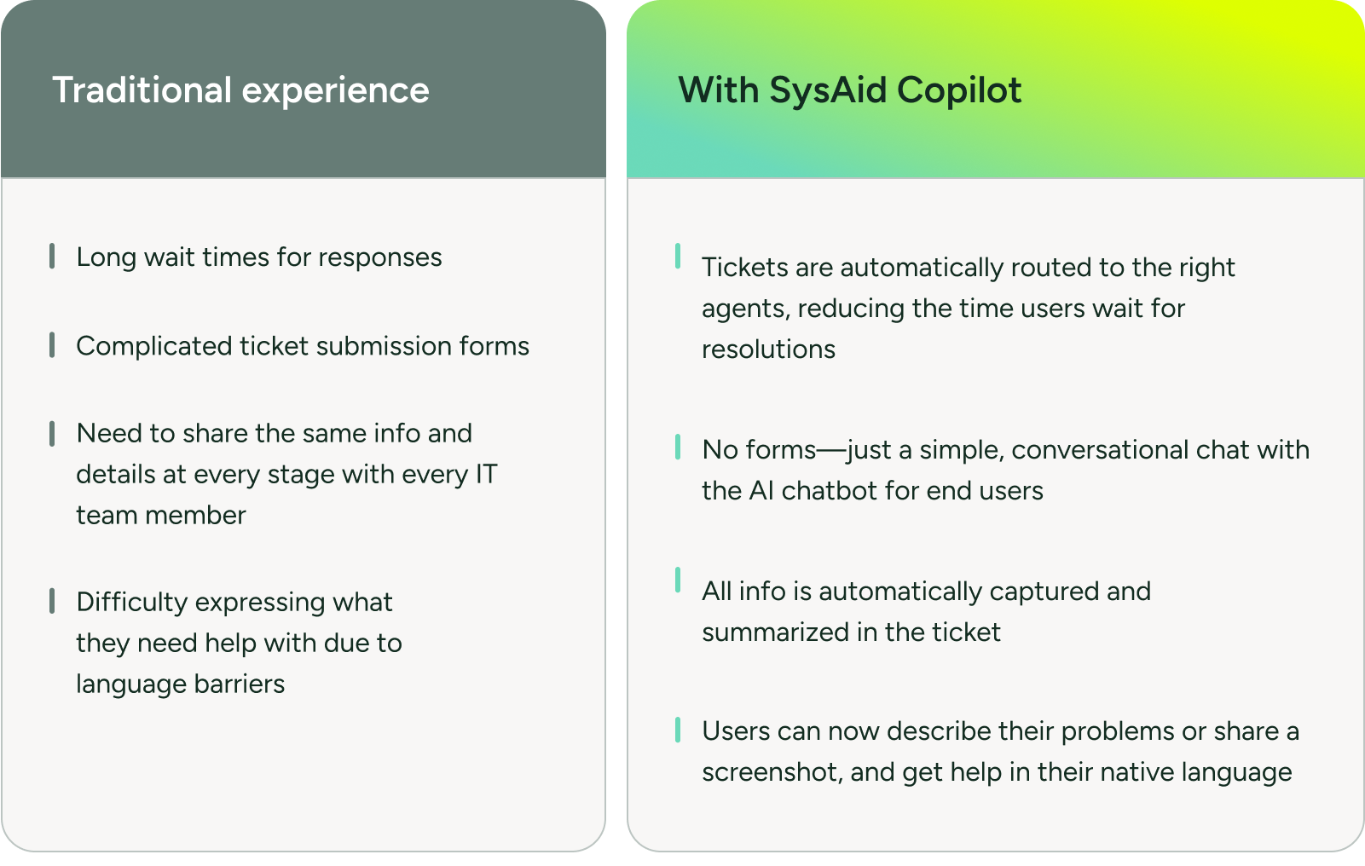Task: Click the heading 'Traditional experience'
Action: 240,90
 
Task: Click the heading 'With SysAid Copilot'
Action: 849,90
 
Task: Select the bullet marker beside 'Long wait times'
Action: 52,256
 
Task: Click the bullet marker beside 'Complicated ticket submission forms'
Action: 52,345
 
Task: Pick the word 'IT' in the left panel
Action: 486,474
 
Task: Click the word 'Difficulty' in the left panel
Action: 131,602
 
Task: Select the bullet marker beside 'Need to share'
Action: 52,433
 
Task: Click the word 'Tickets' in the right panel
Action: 744,268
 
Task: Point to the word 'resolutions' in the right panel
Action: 768,349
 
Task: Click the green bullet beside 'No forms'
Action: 678,447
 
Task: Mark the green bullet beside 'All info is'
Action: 678,580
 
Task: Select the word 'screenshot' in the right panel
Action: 772,772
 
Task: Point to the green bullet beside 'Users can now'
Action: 678,730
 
